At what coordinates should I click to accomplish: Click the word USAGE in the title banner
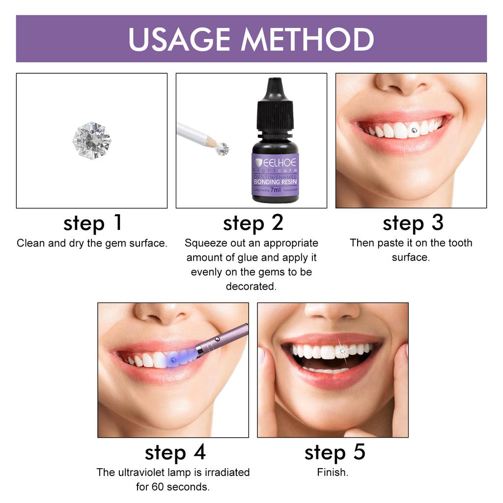pyautogui.click(x=180, y=39)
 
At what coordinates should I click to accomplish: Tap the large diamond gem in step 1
pyautogui.click(x=92, y=140)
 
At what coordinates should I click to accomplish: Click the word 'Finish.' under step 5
pyautogui.click(x=333, y=473)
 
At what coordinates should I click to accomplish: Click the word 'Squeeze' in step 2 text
pyautogui.click(x=204, y=243)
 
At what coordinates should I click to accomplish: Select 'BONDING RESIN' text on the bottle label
pyautogui.click(x=275, y=181)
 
